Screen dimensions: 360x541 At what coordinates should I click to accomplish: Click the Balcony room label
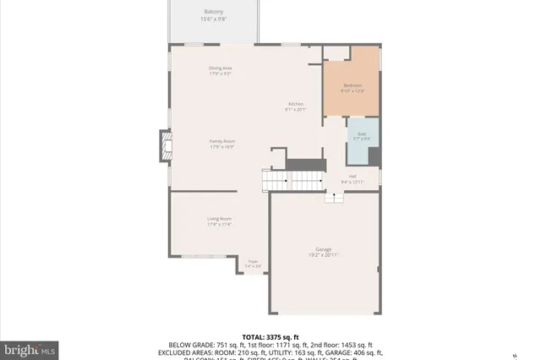coord(213,12)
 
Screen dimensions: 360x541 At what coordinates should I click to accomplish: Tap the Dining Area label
coord(221,68)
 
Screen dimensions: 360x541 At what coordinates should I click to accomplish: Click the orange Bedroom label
coord(353,85)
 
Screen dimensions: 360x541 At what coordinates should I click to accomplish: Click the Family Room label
coord(222,141)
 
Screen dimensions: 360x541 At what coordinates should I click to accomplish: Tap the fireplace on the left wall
coord(166,146)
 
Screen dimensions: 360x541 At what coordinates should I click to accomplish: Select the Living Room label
coord(220,219)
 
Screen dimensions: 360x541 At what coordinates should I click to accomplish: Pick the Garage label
coord(323,249)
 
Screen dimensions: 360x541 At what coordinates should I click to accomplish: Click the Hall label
coord(352,177)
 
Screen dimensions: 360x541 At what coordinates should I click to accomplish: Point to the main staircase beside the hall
coord(292,180)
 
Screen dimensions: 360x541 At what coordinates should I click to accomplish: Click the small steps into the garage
coord(335,197)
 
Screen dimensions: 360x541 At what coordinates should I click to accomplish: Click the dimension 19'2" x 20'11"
coord(323,255)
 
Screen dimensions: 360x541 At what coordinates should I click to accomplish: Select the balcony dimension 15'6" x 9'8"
coord(213,19)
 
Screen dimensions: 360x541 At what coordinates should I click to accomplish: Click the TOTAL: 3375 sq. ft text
coord(270,337)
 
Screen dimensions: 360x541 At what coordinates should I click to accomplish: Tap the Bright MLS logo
coord(30,348)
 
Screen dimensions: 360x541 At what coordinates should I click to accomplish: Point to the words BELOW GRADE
coord(193,346)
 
